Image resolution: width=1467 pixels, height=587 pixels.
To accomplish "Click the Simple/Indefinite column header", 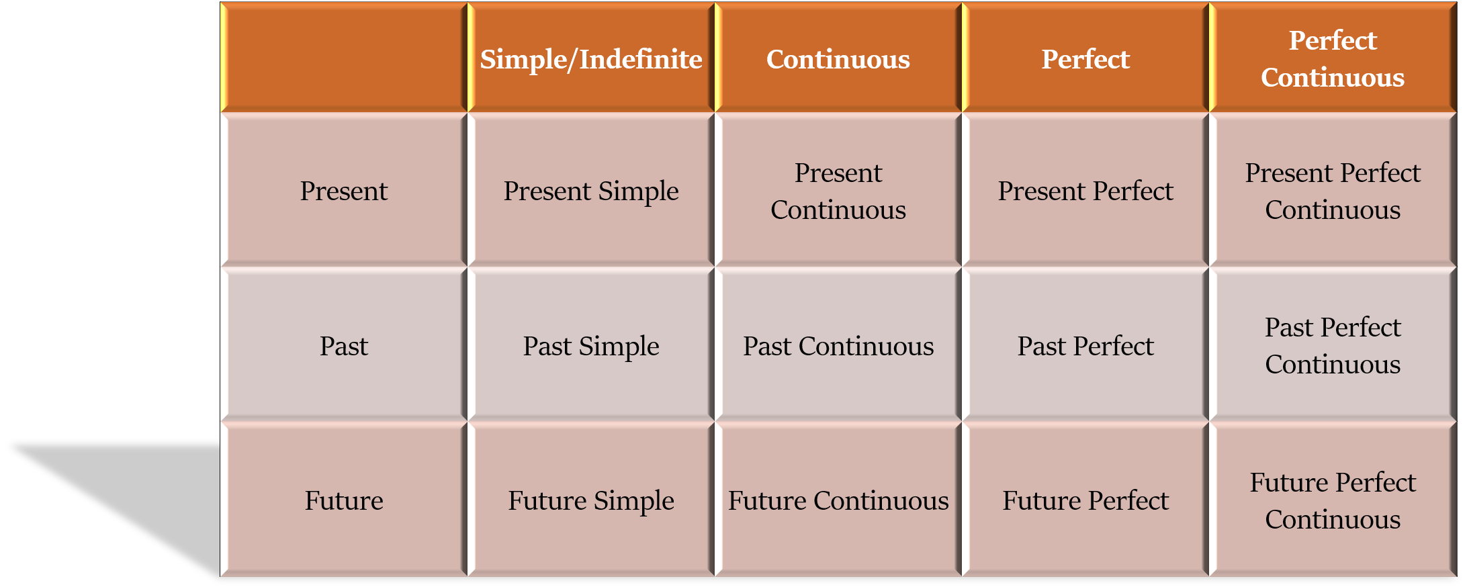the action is click(x=591, y=58).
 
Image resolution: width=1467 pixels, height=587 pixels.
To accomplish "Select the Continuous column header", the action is click(x=838, y=58).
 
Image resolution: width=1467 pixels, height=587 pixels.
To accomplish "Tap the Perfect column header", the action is click(x=1085, y=58).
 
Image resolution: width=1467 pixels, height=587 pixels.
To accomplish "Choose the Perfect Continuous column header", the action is click(x=1333, y=58).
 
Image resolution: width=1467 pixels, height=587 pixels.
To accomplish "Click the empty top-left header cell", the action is click(x=344, y=58).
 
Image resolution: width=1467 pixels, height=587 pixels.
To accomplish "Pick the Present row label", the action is click(x=344, y=191).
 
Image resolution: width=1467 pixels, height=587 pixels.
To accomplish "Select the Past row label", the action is click(x=344, y=345).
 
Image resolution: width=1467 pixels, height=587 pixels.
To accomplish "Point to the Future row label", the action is click(x=344, y=500).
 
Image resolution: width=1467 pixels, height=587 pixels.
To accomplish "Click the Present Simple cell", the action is click(x=591, y=191).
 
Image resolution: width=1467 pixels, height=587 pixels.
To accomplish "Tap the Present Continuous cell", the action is click(x=838, y=191).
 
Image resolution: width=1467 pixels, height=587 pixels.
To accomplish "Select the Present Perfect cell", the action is click(x=1085, y=191).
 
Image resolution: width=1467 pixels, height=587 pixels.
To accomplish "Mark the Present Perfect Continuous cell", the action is click(x=1333, y=191).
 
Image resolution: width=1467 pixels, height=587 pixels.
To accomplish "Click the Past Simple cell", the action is click(x=591, y=345).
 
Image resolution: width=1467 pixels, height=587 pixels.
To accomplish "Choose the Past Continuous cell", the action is click(x=838, y=345).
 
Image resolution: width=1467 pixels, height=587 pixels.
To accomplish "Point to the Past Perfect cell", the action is click(x=1085, y=345).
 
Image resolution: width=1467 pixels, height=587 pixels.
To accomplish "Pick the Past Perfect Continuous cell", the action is click(x=1333, y=345).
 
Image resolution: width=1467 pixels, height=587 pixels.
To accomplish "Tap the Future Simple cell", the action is click(x=591, y=500).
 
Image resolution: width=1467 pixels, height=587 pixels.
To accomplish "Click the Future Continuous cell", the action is click(x=838, y=500).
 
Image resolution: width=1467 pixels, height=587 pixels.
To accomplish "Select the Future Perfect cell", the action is click(x=1085, y=500).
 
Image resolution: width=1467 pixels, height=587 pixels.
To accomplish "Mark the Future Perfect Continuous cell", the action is click(x=1333, y=500).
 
